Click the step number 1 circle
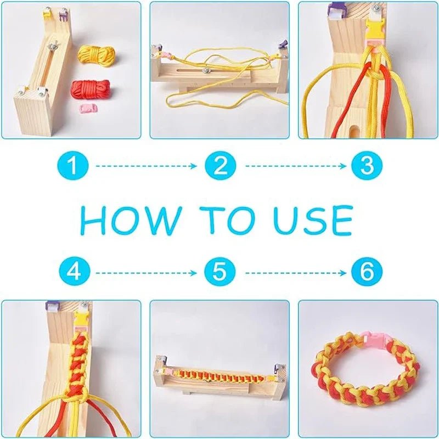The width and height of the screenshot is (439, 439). coord(73,166)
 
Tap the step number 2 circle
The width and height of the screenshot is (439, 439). coord(221,166)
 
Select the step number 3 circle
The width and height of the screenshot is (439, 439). coord(367,166)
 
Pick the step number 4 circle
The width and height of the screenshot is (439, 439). coord(75,271)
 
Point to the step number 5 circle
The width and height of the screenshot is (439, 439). coord(220,271)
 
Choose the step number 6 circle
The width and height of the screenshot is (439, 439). coord(367,271)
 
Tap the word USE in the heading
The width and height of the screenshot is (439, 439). coord(313,221)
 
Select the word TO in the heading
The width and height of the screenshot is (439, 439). coord(227,221)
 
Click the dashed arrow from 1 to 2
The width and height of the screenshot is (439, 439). coord(146,166)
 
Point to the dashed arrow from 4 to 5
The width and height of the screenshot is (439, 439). coord(146,273)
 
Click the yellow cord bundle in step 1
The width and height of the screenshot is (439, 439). coord(97,56)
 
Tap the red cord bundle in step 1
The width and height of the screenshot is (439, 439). coord(91,89)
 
